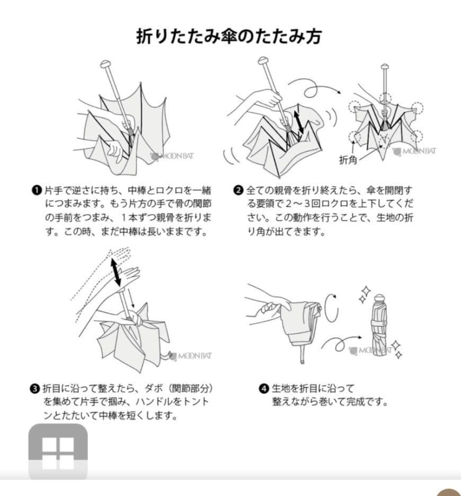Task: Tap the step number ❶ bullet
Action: click(36, 190)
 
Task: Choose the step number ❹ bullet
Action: click(263, 388)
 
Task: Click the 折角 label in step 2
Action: click(348, 160)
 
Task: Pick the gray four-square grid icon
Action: click(58, 451)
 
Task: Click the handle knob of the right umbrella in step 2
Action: click(385, 68)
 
